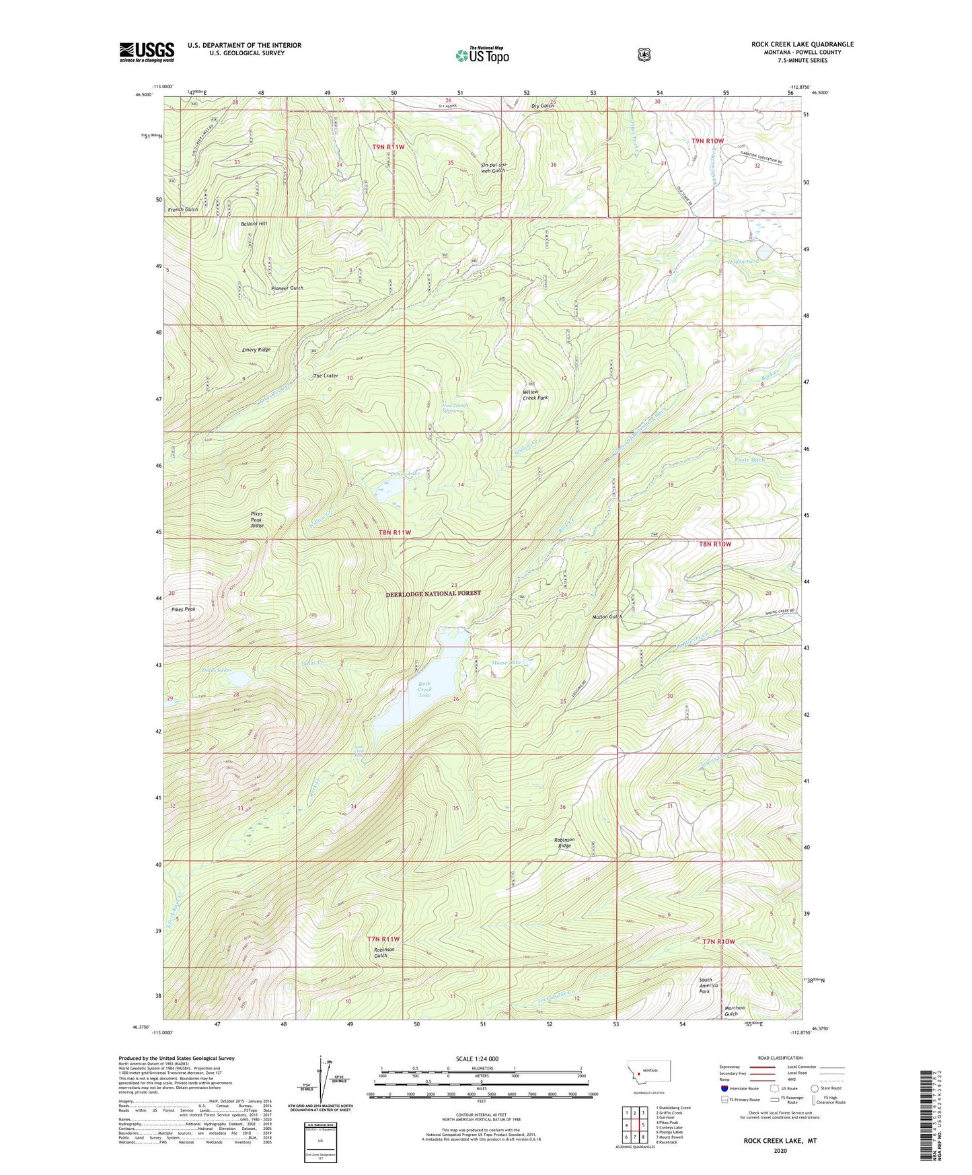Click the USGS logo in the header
coord(147,51)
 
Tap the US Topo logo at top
coord(482,55)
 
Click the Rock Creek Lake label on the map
coord(424,689)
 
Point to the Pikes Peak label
coord(183,609)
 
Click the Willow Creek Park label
coord(535,394)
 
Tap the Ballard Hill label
coord(254,223)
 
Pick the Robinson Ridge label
coord(564,842)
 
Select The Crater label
coord(326,376)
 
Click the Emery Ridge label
coord(256,350)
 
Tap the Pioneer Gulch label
coord(287,288)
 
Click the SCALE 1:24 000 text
coord(477,1059)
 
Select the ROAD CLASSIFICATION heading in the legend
coord(780,1058)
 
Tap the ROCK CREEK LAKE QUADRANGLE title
coord(802,44)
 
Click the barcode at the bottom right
coord(930,1098)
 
